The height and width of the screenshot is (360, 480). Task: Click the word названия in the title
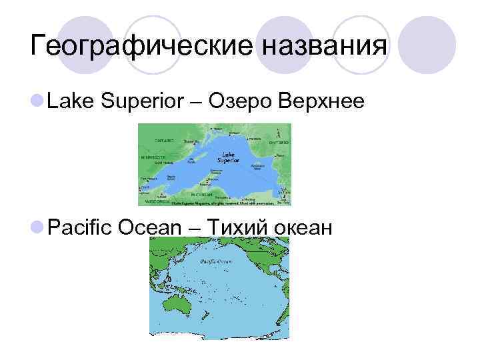(324, 47)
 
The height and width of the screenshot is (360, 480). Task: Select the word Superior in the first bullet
(141, 101)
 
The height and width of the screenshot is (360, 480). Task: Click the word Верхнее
(321, 101)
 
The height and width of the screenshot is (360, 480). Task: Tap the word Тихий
(235, 228)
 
